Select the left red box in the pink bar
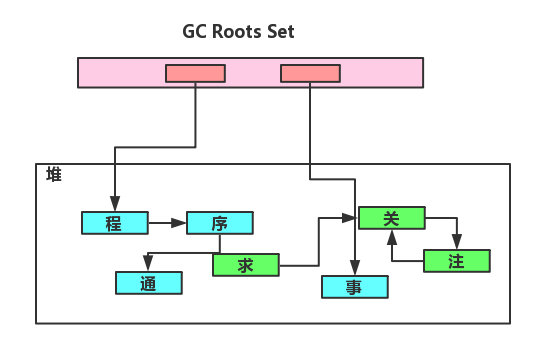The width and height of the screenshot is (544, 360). (195, 73)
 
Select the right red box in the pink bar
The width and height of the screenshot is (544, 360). (310, 73)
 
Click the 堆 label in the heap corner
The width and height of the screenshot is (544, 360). (53, 175)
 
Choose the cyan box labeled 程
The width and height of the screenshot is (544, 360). (114, 223)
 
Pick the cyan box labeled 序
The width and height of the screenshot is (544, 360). (220, 223)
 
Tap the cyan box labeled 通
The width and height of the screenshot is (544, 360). (149, 283)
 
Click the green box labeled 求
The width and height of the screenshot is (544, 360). (246, 265)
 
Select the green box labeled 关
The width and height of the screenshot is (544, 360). (392, 217)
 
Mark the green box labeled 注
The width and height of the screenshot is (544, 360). (457, 261)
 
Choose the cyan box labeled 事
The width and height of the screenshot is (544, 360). (354, 287)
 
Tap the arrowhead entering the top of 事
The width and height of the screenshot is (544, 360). (354, 270)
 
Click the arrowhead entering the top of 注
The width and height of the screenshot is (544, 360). (457, 244)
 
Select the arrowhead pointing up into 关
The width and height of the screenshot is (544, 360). (392, 234)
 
